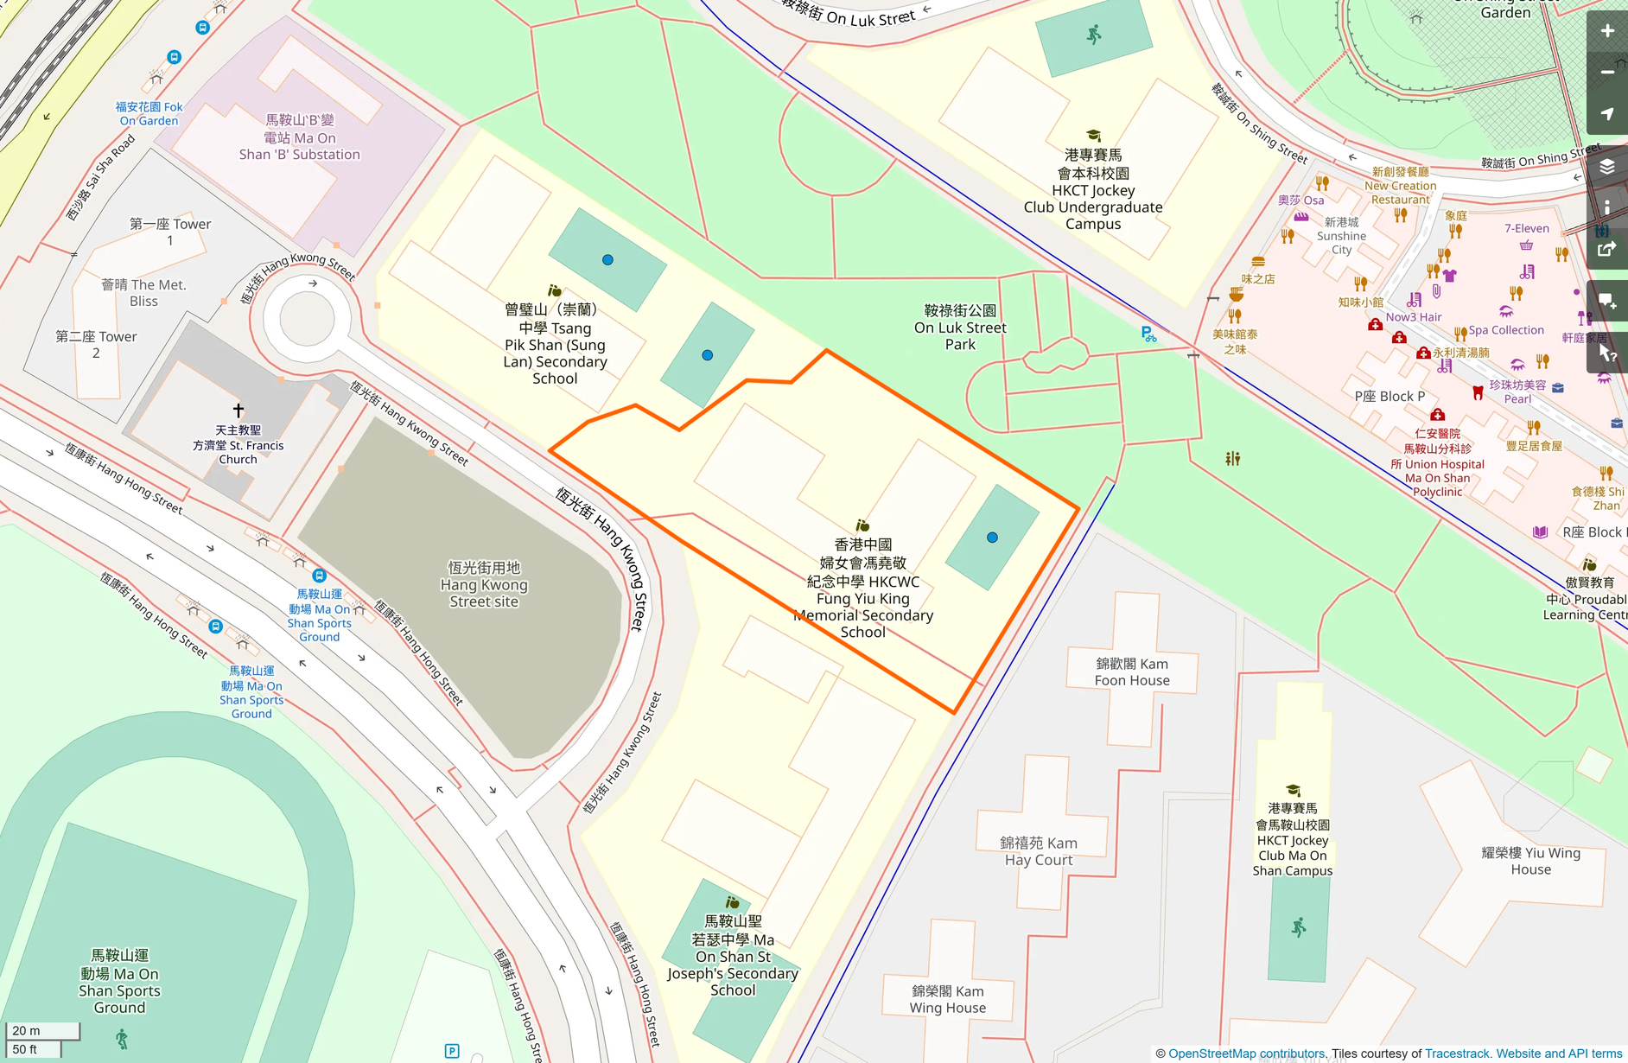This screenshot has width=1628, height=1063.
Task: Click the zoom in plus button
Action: click(1607, 31)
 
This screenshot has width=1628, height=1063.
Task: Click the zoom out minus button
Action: click(1607, 73)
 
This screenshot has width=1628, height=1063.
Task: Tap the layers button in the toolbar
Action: click(1607, 167)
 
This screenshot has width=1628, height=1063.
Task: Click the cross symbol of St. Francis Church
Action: click(238, 410)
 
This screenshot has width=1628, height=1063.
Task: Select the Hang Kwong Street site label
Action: click(484, 584)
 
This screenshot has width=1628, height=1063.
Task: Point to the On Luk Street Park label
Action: click(960, 328)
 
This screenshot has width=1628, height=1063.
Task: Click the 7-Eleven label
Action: click(1527, 228)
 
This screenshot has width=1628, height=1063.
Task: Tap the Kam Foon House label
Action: click(1132, 672)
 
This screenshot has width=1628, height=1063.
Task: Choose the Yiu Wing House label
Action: click(1530, 861)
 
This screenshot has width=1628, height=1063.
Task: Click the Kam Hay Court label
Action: click(1038, 851)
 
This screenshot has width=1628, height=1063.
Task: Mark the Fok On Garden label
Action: click(149, 113)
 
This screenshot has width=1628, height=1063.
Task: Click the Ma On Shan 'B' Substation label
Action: click(300, 137)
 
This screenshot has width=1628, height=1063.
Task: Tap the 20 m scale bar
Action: click(42, 1030)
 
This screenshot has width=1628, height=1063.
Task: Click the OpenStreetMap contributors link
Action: click(1246, 1053)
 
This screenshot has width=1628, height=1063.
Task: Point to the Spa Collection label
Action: click(1506, 330)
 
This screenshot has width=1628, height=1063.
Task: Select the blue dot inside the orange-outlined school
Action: click(992, 538)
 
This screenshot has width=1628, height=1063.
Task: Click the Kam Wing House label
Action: click(947, 999)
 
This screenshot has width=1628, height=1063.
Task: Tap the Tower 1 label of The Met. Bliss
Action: click(170, 232)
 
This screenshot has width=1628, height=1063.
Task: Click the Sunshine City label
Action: click(1341, 236)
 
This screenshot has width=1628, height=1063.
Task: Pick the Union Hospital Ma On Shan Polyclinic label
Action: click(1437, 463)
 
